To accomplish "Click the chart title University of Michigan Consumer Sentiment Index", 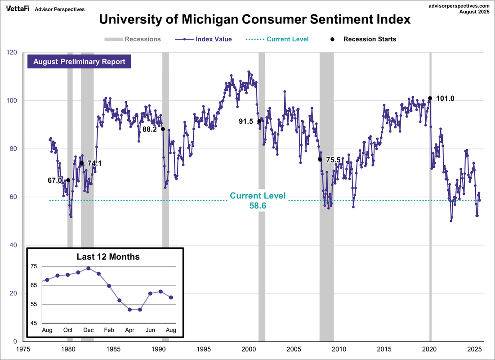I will [x=254, y=19].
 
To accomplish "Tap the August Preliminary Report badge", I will [x=79, y=62].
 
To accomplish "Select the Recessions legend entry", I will [x=133, y=39].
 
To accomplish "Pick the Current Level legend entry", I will [x=277, y=39].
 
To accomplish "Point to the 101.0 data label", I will [x=446, y=98].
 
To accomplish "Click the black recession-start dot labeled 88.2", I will [x=163, y=129].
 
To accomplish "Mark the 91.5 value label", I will [x=247, y=121].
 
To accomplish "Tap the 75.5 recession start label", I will [x=333, y=160].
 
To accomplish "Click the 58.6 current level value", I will [x=258, y=205].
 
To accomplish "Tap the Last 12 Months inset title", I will [x=108, y=257].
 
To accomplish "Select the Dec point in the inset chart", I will [x=89, y=268].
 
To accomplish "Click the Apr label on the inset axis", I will [x=130, y=330].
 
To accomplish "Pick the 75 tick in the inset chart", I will [x=34, y=266].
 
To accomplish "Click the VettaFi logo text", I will [x=17, y=9].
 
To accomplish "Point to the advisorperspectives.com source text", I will [x=456, y=5].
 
